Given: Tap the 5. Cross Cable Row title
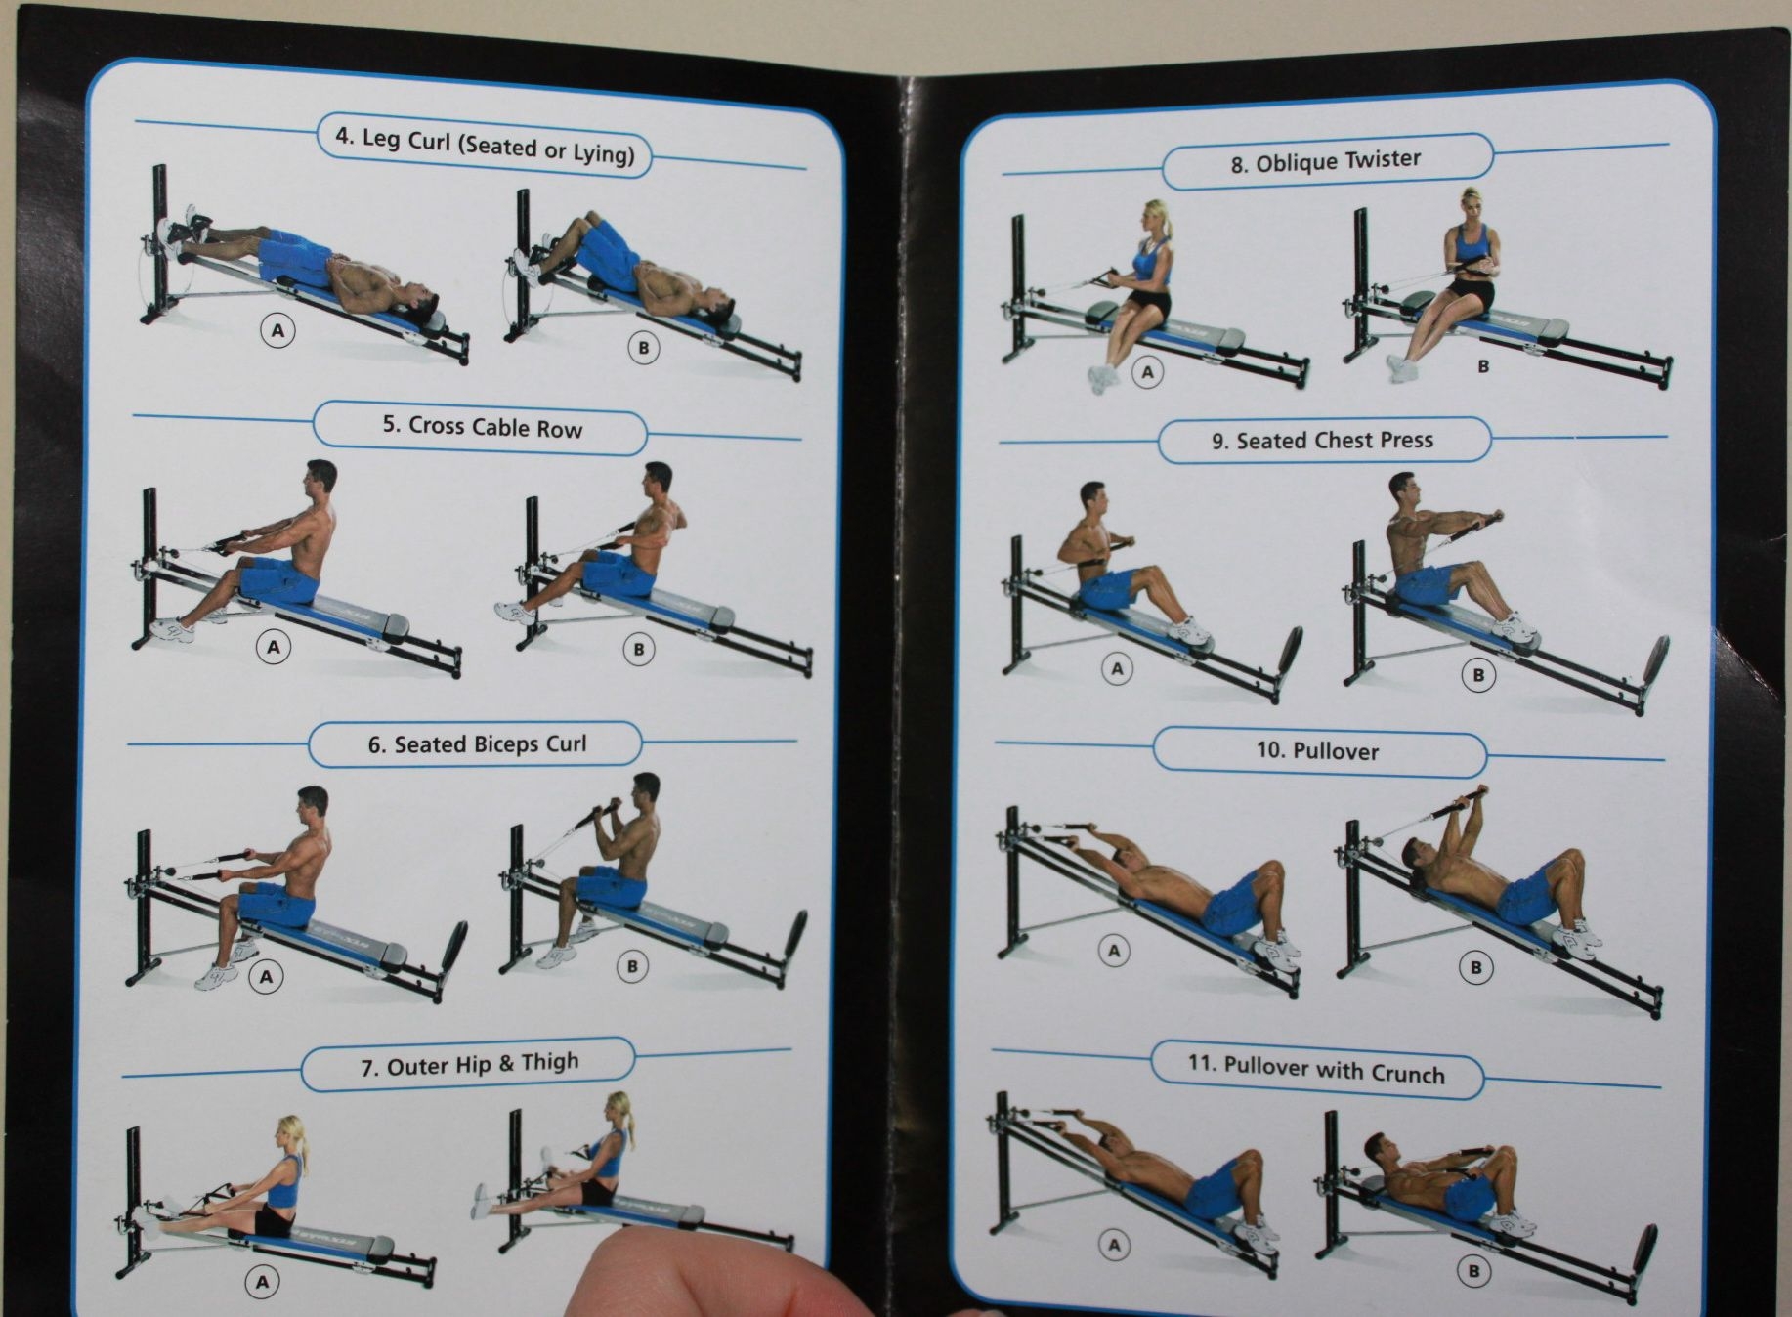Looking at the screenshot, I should (482, 427).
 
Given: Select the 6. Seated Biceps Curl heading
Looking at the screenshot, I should (477, 744).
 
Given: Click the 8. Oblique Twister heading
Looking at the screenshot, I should (1325, 161).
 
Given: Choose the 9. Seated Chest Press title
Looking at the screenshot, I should (1322, 441).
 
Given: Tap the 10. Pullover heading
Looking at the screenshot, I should (1317, 751).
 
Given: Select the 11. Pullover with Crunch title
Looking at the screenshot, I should (1315, 1070).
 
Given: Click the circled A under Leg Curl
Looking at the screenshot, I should (277, 331).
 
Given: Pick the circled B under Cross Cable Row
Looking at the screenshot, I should (639, 649).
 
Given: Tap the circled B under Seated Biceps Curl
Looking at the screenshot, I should (632, 966).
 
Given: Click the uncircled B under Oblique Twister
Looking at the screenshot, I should (1483, 367).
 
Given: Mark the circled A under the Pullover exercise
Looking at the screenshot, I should (1114, 951).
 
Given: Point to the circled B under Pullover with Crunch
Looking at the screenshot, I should (1473, 1271).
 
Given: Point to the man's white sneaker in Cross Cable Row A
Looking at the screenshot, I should (173, 630).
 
